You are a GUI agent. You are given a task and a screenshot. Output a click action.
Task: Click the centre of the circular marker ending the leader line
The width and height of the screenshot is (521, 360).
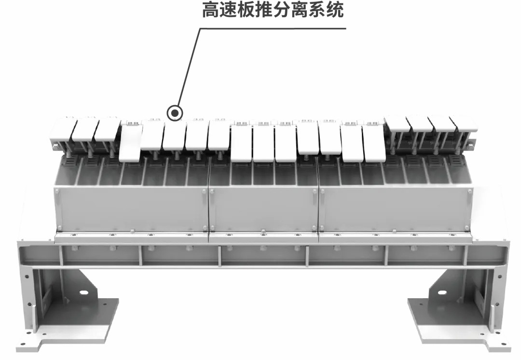(x=175, y=113)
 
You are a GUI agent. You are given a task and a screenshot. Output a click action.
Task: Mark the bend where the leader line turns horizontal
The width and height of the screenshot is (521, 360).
(x=200, y=28)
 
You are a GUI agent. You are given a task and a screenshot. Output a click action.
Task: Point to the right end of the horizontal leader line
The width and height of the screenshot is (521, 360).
(x=346, y=28)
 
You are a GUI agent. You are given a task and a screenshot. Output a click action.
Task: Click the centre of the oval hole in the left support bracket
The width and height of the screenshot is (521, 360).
(x=84, y=292)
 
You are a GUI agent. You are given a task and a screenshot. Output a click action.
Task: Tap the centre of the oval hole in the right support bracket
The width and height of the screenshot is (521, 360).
(x=442, y=293)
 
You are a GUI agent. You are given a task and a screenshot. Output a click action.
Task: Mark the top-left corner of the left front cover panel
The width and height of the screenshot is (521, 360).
(x=54, y=187)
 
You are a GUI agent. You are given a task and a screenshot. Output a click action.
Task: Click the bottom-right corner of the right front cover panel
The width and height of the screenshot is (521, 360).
(x=473, y=231)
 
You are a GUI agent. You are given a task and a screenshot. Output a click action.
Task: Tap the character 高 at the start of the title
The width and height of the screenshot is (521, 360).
(x=211, y=10)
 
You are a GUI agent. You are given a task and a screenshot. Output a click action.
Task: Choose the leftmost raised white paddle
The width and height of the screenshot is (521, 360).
(x=61, y=131)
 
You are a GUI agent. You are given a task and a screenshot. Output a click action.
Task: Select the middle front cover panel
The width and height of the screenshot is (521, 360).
(x=263, y=209)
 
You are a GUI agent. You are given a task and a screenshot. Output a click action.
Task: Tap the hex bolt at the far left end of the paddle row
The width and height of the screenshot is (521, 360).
(x=54, y=146)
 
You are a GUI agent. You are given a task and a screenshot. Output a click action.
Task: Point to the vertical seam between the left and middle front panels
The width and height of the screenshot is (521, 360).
(x=208, y=209)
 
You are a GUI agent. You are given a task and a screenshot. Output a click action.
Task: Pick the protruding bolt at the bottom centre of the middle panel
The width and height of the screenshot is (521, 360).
(x=263, y=231)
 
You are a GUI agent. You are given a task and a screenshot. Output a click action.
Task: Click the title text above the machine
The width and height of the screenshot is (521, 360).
(x=273, y=10)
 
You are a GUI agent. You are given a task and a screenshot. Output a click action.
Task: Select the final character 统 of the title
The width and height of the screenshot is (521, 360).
(x=335, y=10)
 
